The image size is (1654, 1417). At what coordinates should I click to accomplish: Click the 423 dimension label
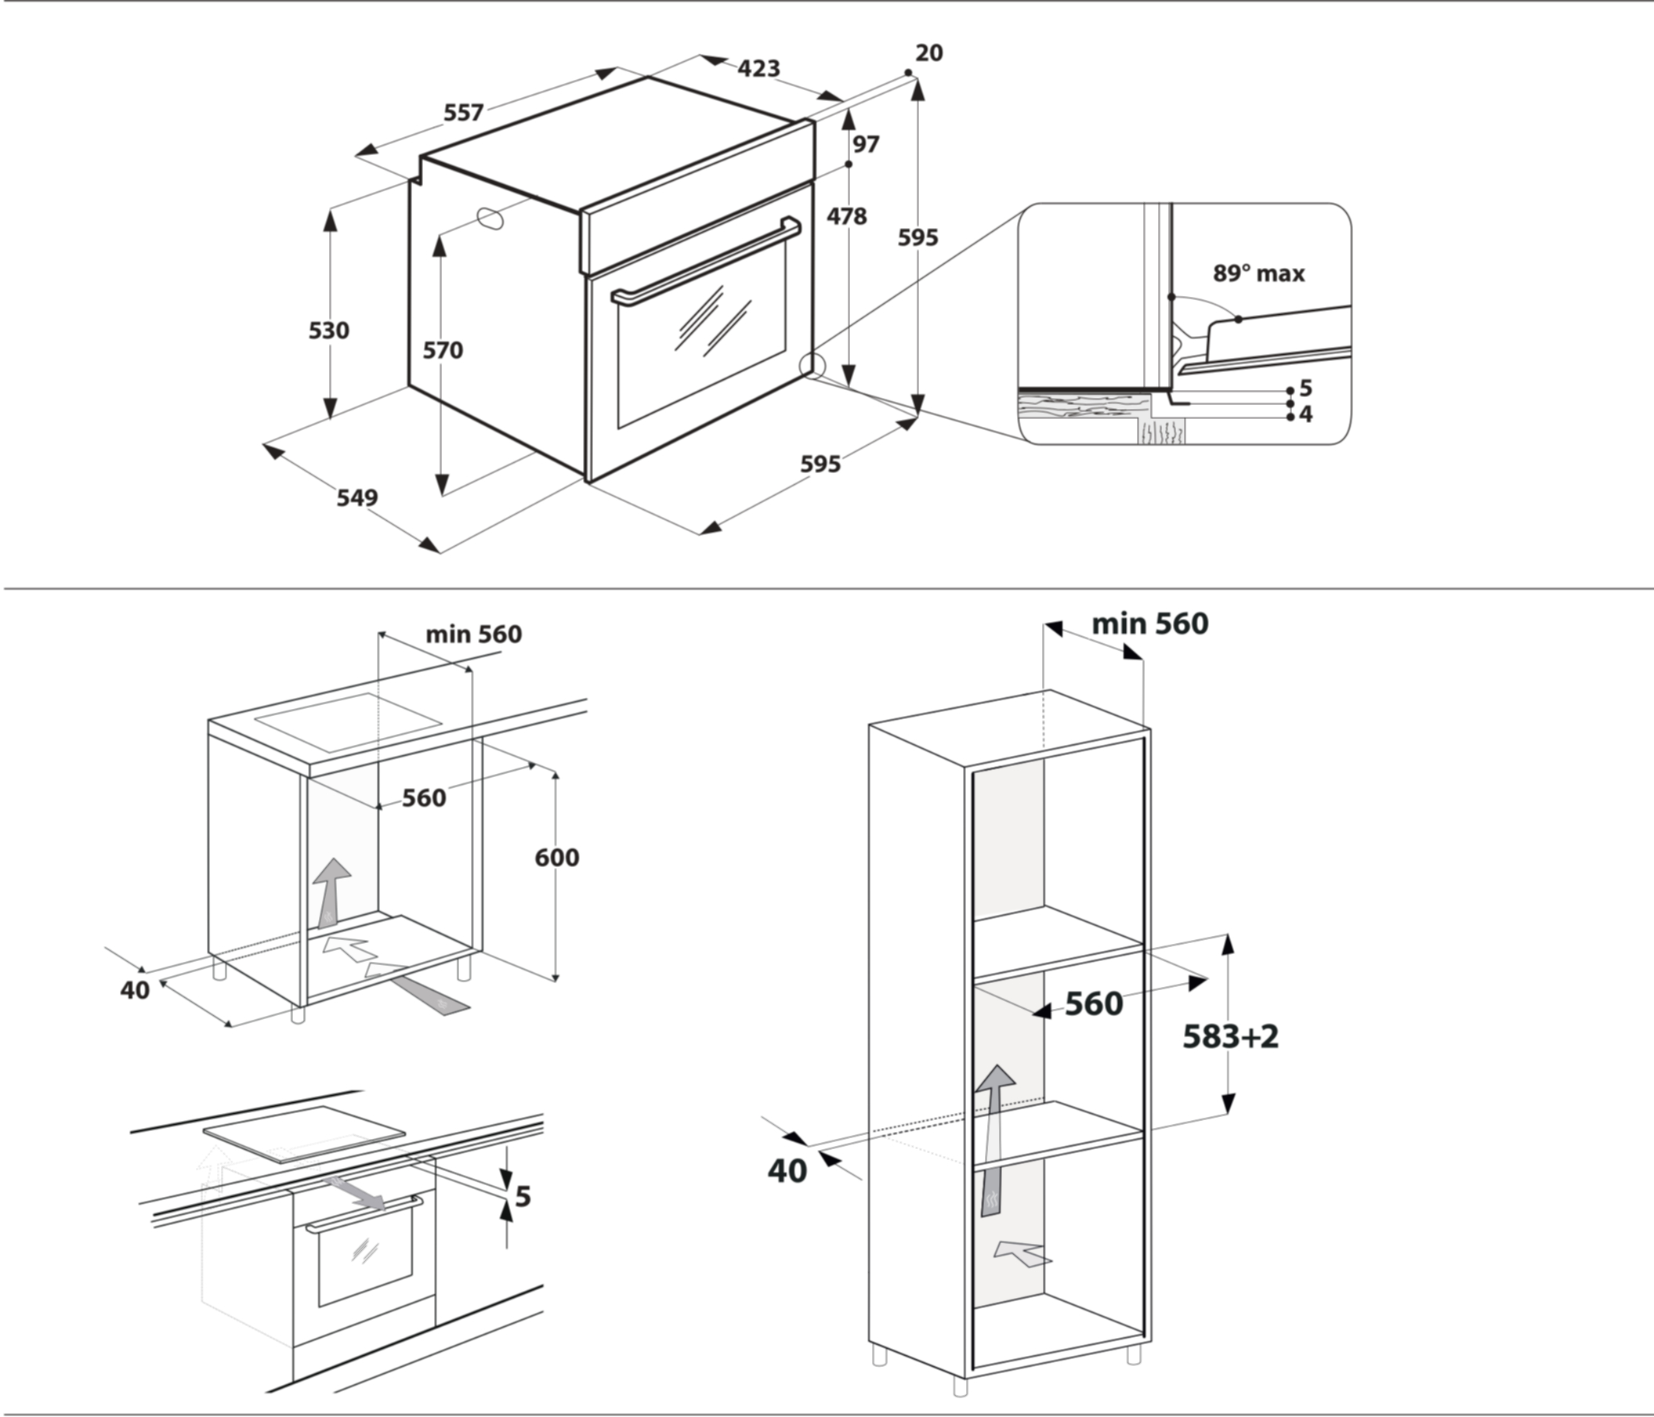click(x=758, y=69)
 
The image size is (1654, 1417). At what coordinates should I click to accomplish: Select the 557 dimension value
click(x=464, y=113)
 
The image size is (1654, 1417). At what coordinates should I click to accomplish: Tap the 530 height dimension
click(x=329, y=331)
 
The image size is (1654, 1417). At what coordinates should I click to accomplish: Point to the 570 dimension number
click(x=442, y=350)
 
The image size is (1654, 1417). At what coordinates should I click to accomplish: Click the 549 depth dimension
click(x=356, y=498)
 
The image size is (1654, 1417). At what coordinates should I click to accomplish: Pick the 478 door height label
click(x=846, y=216)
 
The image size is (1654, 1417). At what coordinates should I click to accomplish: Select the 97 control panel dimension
click(x=866, y=144)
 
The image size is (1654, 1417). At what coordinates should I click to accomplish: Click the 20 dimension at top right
click(x=929, y=52)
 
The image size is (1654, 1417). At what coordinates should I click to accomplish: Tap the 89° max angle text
click(x=1259, y=273)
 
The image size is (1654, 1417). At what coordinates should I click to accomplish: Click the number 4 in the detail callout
click(x=1306, y=414)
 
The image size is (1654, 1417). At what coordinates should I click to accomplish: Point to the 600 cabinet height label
click(x=557, y=858)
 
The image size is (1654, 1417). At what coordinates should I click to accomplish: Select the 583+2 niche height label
click(x=1230, y=1036)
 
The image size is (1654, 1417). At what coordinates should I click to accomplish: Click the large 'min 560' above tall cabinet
click(x=1150, y=624)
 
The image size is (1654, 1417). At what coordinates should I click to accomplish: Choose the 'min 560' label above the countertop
click(x=473, y=634)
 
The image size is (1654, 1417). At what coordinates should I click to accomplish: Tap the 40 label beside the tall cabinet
click(x=787, y=1170)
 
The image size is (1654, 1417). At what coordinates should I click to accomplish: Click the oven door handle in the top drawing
click(x=706, y=261)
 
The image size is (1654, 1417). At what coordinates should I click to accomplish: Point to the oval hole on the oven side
click(x=490, y=218)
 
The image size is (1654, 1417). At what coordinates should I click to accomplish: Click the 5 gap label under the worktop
click(x=523, y=1197)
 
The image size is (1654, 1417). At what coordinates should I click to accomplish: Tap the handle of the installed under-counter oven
click(x=365, y=1213)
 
